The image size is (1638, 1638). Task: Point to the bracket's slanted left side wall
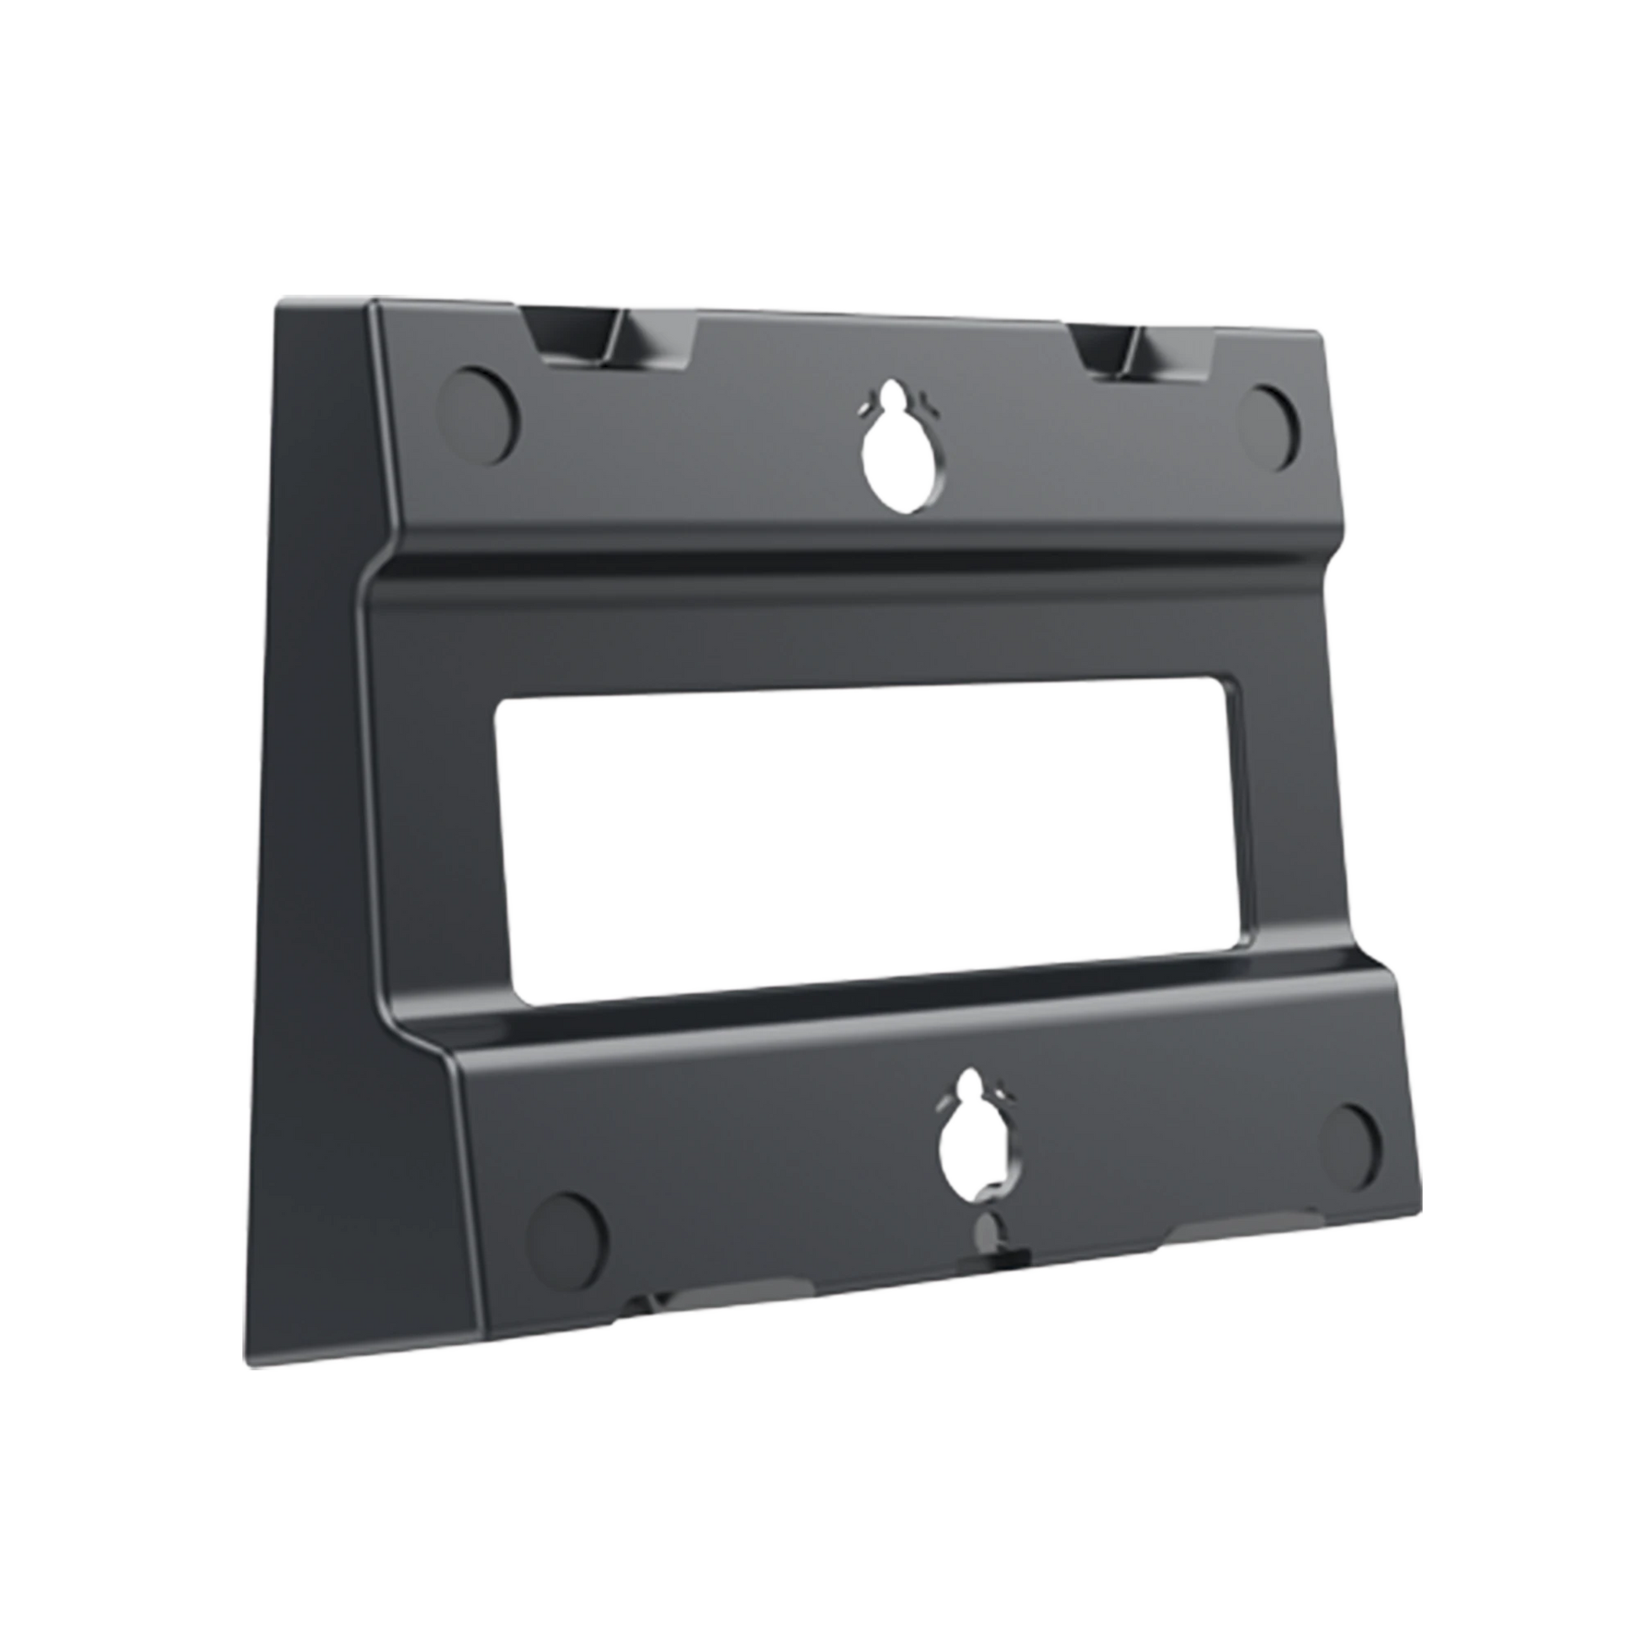[x=314, y=763]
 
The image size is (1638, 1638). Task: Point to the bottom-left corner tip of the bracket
[x=242, y=1365]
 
